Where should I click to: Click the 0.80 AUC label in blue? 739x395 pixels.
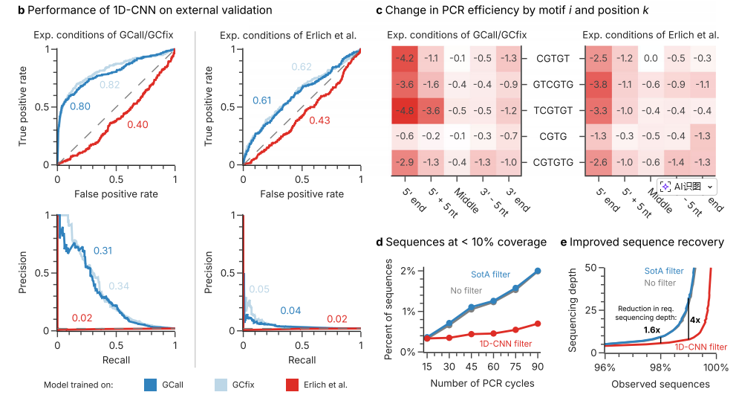click(x=80, y=108)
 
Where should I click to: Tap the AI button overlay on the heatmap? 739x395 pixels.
click(x=688, y=186)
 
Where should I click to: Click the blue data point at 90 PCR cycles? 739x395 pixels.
click(x=538, y=271)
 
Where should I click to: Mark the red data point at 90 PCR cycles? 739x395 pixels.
click(x=538, y=324)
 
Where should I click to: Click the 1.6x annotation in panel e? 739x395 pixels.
click(x=650, y=329)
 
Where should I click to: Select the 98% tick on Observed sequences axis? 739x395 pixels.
click(x=661, y=367)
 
